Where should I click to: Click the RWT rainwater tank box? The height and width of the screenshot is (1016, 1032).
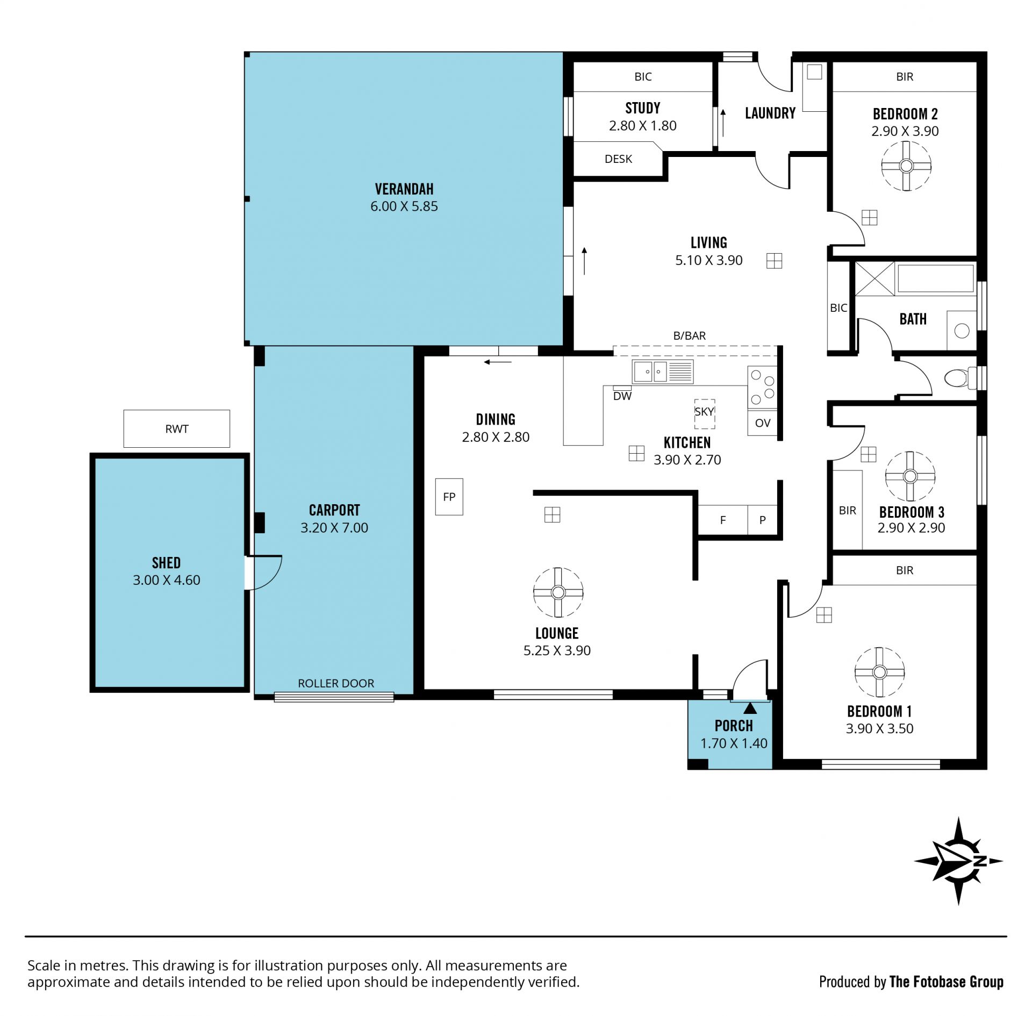pyautogui.click(x=177, y=428)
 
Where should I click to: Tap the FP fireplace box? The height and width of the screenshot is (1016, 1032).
pyautogui.click(x=449, y=497)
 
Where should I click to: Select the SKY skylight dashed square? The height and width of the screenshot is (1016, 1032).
pyautogui.click(x=704, y=414)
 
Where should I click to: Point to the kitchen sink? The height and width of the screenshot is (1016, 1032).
pyautogui.click(x=663, y=371)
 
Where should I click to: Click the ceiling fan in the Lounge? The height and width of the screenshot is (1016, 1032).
pyautogui.click(x=558, y=592)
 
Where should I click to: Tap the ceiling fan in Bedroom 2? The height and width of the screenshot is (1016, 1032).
pyautogui.click(x=906, y=166)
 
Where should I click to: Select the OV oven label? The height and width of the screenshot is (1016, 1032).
pyautogui.click(x=763, y=423)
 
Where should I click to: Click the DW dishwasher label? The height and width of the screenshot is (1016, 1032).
pyautogui.click(x=622, y=396)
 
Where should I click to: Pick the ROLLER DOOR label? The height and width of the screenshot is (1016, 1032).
pyautogui.click(x=336, y=683)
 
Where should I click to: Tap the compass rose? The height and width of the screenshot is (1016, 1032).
pyautogui.click(x=958, y=861)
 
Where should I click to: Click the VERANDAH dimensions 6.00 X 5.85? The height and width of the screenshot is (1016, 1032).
pyautogui.click(x=404, y=206)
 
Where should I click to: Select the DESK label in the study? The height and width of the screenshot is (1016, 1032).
pyautogui.click(x=618, y=159)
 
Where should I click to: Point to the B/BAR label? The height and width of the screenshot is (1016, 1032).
pyautogui.click(x=690, y=336)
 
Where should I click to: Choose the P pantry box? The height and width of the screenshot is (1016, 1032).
pyautogui.click(x=762, y=520)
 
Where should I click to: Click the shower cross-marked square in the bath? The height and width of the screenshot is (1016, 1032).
pyautogui.click(x=875, y=278)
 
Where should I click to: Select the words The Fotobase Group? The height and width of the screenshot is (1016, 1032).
pyautogui.click(x=947, y=982)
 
